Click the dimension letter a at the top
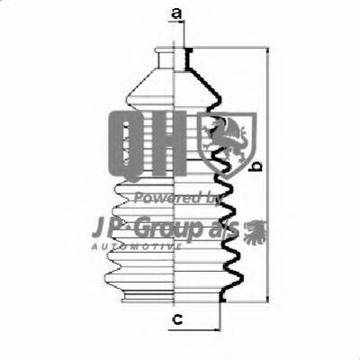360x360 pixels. click(176, 13)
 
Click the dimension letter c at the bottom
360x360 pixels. click(176, 318)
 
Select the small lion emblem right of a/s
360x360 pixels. click(255, 229)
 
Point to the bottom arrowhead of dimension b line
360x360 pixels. click(267, 302)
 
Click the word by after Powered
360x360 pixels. click(214, 197)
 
